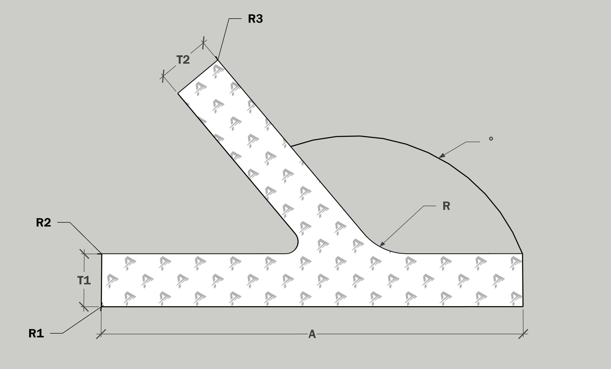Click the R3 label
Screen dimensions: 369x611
pos(255,19)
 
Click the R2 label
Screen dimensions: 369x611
pos(43,223)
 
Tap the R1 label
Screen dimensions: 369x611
pos(36,333)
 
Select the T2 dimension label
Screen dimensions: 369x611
pos(183,60)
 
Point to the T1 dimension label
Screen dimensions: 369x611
pos(84,280)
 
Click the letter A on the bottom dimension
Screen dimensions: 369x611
pos(312,334)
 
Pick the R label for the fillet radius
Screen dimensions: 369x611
pos(446,206)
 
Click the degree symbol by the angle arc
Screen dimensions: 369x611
pos(491,139)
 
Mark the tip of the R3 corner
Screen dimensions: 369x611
pos(217,60)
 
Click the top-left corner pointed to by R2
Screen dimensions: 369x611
pos(102,253)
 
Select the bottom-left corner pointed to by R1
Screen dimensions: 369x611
pos(102,307)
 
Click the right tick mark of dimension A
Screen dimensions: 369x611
pos(523,334)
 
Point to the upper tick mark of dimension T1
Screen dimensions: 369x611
pos(84,253)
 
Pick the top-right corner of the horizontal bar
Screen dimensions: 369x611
pos(522,253)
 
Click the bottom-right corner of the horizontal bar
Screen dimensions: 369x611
pos(523,306)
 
